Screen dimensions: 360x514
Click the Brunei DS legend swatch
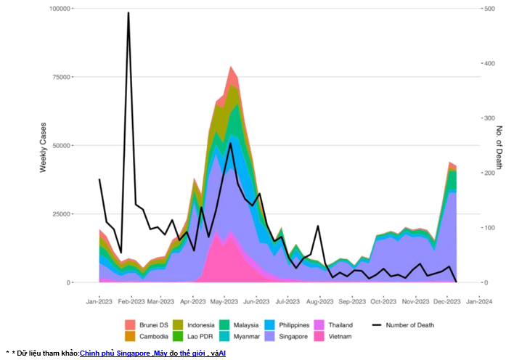pos(130,324)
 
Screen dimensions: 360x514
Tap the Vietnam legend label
pos(339,336)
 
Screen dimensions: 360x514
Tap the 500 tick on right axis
pos(490,9)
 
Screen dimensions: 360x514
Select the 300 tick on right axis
pos(490,118)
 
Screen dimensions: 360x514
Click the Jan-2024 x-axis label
pos(477,300)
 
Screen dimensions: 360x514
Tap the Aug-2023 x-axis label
pos(319,300)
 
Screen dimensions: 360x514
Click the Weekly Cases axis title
pos(44,145)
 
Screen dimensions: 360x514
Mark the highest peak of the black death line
pos(128,13)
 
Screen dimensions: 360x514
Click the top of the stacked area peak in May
pos(231,67)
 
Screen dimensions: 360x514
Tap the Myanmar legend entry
pos(247,336)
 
